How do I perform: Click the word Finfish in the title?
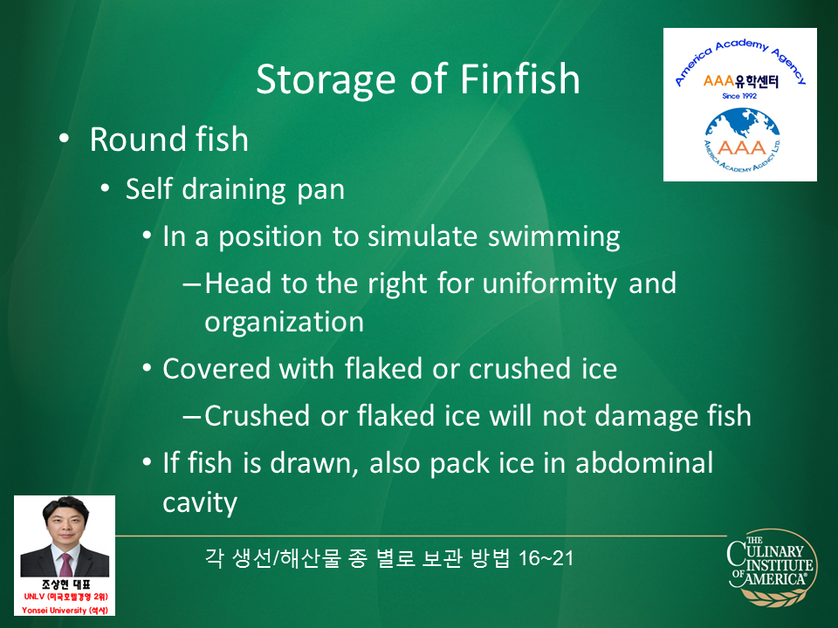pos(519,79)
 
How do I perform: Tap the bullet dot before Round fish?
pos(64,139)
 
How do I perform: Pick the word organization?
pos(284,322)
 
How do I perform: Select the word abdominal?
pos(644,462)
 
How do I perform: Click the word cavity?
pos(200,503)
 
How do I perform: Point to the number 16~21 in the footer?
pos(546,558)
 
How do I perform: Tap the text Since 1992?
pos(739,96)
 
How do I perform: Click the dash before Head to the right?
pos(192,284)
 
